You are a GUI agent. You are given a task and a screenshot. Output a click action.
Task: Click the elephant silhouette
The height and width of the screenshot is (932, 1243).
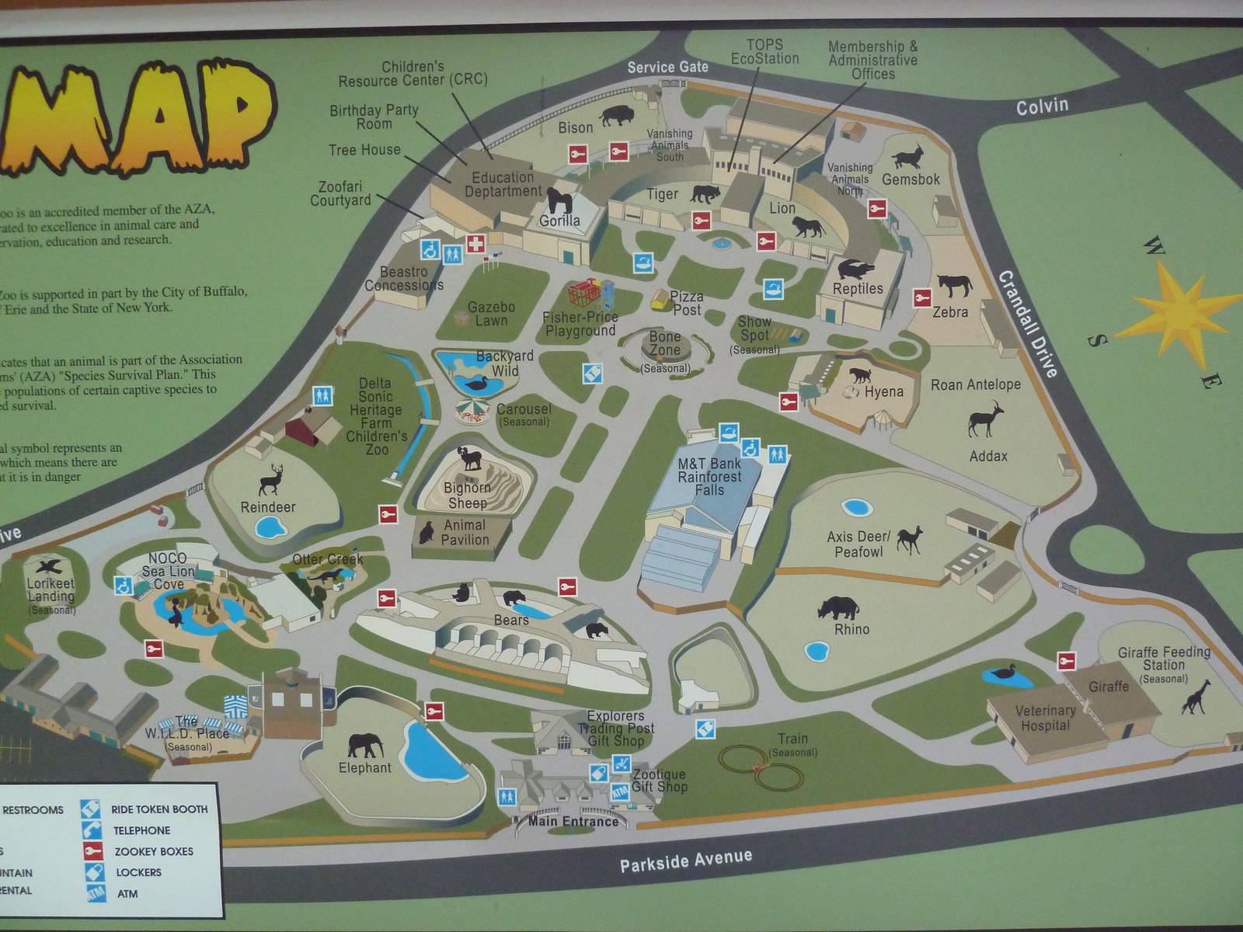click(365, 745)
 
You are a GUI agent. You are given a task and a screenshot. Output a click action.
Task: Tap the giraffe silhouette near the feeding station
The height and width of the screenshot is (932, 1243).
click(1196, 697)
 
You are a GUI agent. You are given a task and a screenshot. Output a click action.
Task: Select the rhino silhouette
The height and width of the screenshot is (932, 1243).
click(838, 607)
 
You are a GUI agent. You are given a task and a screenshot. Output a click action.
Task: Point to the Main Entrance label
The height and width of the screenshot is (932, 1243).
click(573, 821)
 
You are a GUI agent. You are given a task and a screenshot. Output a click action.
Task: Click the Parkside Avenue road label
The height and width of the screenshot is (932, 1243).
click(685, 861)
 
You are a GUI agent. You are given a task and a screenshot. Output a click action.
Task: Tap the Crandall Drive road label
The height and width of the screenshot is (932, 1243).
click(1027, 323)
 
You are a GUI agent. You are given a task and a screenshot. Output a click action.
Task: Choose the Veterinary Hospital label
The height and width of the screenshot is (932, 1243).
click(1045, 718)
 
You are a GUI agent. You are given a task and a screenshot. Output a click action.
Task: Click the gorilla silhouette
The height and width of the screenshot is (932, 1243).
click(559, 200)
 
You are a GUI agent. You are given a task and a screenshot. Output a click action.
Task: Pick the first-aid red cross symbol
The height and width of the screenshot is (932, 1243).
click(475, 243)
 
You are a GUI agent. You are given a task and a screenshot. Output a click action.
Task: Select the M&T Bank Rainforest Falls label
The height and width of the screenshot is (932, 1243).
click(709, 476)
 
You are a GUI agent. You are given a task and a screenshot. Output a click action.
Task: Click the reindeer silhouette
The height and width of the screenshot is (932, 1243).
click(271, 480)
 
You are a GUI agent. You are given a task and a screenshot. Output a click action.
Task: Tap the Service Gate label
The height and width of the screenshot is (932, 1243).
click(667, 68)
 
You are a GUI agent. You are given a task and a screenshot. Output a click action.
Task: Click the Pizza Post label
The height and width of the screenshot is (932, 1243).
click(686, 303)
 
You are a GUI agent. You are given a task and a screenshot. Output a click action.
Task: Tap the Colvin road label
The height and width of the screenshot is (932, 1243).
click(1042, 106)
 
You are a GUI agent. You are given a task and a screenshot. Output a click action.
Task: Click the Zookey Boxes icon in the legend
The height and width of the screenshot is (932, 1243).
click(92, 851)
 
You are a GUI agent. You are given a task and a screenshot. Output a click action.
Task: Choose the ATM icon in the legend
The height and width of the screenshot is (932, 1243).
click(95, 893)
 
